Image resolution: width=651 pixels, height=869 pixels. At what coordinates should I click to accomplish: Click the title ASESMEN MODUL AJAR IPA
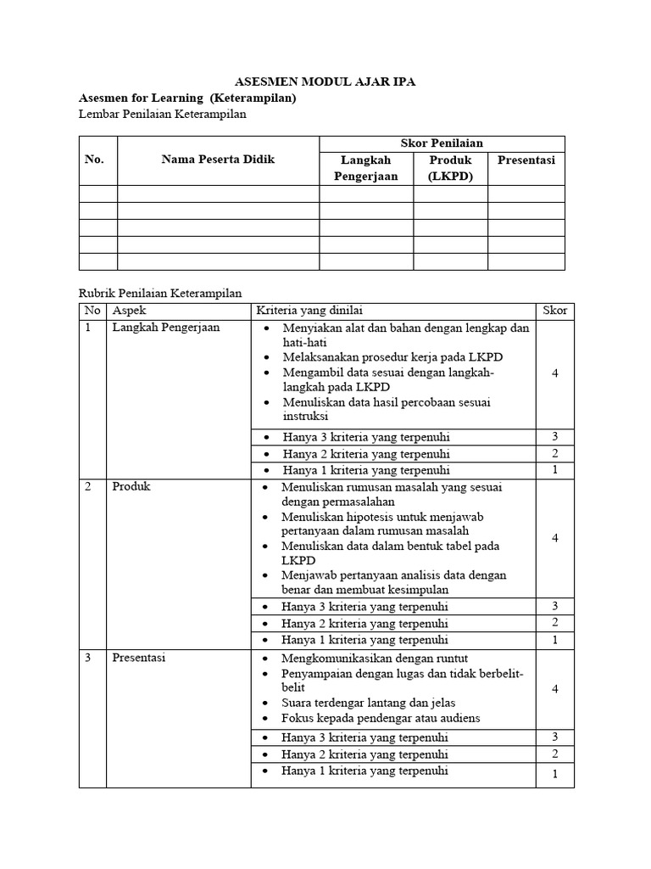[325, 81]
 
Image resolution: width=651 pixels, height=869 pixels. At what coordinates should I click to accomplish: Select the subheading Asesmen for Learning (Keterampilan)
[187, 98]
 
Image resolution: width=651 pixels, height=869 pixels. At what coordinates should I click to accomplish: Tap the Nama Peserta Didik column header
[218, 160]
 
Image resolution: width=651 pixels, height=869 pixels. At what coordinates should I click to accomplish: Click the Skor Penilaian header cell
[441, 143]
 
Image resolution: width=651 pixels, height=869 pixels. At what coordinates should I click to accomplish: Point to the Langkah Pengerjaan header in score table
[365, 168]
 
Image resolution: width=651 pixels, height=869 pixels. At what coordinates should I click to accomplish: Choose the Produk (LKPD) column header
[450, 168]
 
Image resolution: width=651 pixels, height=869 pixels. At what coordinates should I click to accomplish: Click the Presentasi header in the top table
[526, 160]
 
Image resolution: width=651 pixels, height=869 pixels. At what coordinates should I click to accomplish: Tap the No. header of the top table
[94, 160]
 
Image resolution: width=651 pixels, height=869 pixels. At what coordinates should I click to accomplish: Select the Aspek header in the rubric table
[130, 311]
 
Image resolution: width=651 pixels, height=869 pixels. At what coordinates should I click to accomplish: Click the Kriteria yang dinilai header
[314, 311]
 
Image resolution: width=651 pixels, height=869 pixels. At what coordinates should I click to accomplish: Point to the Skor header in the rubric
[554, 311]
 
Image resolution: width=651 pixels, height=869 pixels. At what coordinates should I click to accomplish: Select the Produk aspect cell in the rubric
[131, 487]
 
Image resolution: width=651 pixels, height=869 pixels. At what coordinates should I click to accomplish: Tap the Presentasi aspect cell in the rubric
[138, 658]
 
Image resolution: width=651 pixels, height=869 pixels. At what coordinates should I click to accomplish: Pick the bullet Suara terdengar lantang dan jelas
[369, 703]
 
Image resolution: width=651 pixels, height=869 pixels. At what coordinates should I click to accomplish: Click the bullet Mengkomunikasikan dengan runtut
[375, 659]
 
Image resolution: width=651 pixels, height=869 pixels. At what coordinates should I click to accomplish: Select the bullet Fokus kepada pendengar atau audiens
[381, 718]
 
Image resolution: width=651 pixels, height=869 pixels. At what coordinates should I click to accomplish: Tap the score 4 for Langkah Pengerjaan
[554, 373]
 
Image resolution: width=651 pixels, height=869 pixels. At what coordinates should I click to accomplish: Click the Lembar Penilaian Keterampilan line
[162, 114]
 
